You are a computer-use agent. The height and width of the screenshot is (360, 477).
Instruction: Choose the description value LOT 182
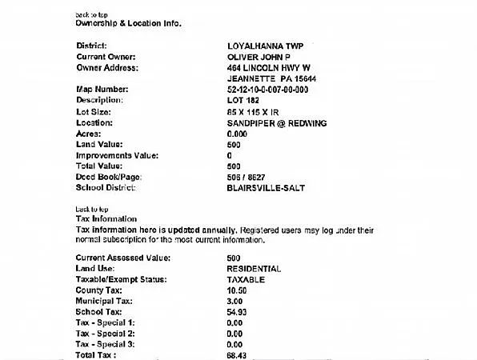point(244,101)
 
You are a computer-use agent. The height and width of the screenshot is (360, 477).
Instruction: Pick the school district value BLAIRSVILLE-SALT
point(267,188)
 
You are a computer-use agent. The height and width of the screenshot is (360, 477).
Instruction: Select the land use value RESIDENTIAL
point(254,269)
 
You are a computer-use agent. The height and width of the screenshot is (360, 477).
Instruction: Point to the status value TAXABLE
point(246,280)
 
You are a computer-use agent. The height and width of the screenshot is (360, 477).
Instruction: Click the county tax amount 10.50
point(237,290)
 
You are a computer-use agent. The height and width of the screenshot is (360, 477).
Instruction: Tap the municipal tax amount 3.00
point(234,301)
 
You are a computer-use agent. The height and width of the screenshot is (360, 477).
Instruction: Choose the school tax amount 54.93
point(237,311)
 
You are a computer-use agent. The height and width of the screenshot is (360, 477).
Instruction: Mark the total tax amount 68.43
point(237,354)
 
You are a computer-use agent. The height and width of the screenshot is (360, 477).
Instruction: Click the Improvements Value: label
point(117,155)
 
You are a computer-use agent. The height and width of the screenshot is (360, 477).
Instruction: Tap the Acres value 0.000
point(237,134)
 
